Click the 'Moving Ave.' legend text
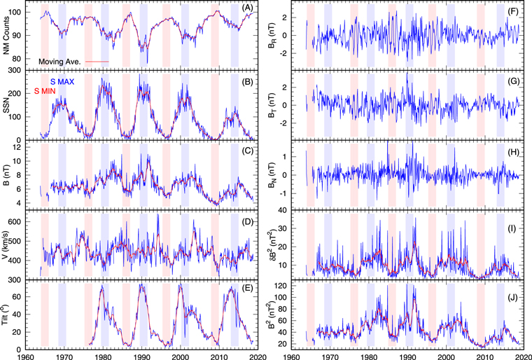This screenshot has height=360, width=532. (x=62, y=62)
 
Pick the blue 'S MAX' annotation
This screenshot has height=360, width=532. (x=67, y=81)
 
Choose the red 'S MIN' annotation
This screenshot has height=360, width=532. (x=47, y=91)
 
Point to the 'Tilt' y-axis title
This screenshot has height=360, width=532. (x=8, y=312)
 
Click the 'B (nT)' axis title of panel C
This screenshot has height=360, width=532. (x=8, y=173)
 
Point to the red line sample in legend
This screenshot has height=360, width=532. (x=100, y=62)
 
